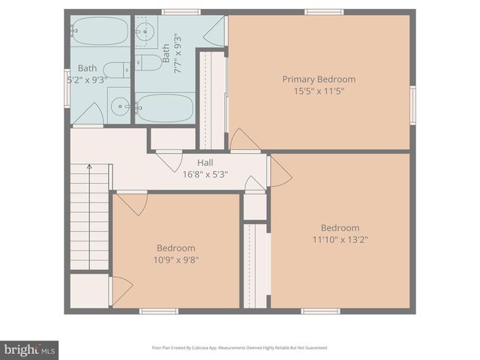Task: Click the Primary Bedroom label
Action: coord(319,79)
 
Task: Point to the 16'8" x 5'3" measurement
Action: coord(205,174)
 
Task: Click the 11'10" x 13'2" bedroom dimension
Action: coord(340,240)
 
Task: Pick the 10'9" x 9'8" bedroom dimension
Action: coord(176,260)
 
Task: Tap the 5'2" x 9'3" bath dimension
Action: coord(87,78)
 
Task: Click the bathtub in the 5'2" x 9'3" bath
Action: coord(100,31)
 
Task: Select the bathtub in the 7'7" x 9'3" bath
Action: coord(165,108)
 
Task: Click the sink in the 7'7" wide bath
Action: coord(145,31)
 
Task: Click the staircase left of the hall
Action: coord(89,217)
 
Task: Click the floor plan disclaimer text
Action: coord(240,348)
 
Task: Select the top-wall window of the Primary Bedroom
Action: coord(324,12)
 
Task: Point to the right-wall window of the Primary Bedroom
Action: coord(412,105)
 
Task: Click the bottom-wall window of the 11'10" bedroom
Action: coord(320,310)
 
